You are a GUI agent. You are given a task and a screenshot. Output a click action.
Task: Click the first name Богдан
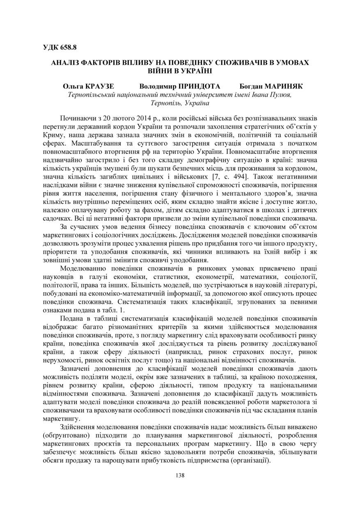(x=251, y=87)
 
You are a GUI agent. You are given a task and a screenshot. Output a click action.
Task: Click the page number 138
(x=180, y=475)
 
